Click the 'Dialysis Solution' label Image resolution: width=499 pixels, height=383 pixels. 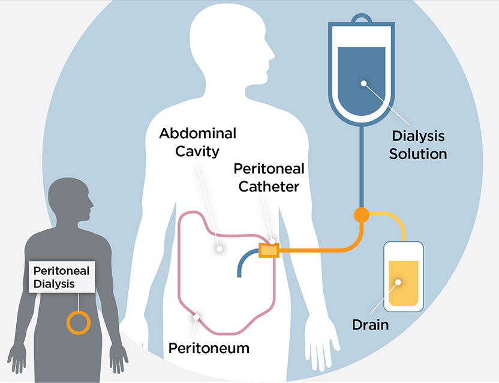(418, 145)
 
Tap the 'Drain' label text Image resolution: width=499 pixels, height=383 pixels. (370, 325)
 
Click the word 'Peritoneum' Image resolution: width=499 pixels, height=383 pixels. (209, 348)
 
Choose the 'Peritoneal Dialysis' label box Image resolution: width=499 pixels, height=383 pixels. (61, 277)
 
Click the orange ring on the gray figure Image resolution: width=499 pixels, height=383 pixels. (78, 322)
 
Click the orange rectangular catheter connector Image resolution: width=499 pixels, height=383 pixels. (269, 250)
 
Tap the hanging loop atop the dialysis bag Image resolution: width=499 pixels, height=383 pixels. (361, 18)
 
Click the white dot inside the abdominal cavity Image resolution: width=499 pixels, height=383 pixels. (220, 247)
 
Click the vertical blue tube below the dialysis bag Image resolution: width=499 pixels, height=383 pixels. (361, 168)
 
